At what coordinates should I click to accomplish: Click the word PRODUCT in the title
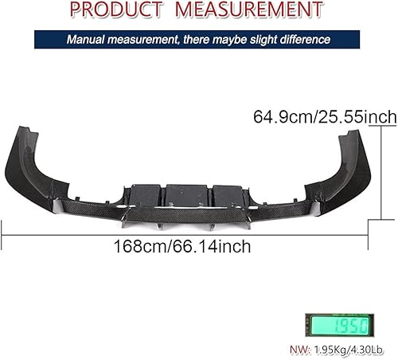119,10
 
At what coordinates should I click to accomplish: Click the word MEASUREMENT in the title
244,10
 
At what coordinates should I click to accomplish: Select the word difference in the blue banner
301,39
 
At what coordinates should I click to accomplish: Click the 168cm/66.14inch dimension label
183,247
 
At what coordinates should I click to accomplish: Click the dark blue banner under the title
198,39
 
